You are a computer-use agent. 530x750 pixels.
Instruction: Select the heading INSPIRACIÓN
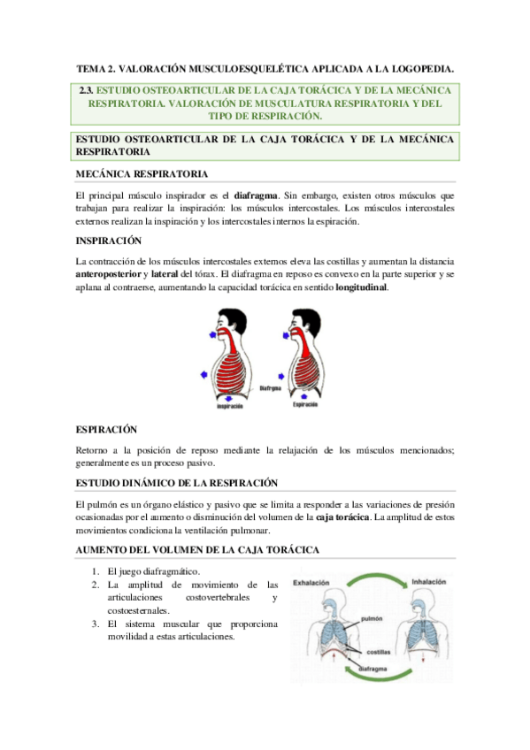click(109, 241)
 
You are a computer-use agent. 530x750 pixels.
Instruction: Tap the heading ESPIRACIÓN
click(107, 429)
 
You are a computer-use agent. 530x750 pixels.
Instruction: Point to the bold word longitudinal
click(361, 288)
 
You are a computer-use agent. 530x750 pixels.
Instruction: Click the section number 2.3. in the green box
click(86, 90)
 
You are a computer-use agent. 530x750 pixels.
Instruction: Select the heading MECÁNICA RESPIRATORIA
click(142, 174)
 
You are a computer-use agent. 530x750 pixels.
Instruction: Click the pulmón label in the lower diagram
click(372, 620)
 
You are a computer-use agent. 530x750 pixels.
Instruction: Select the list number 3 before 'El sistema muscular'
click(95, 624)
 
